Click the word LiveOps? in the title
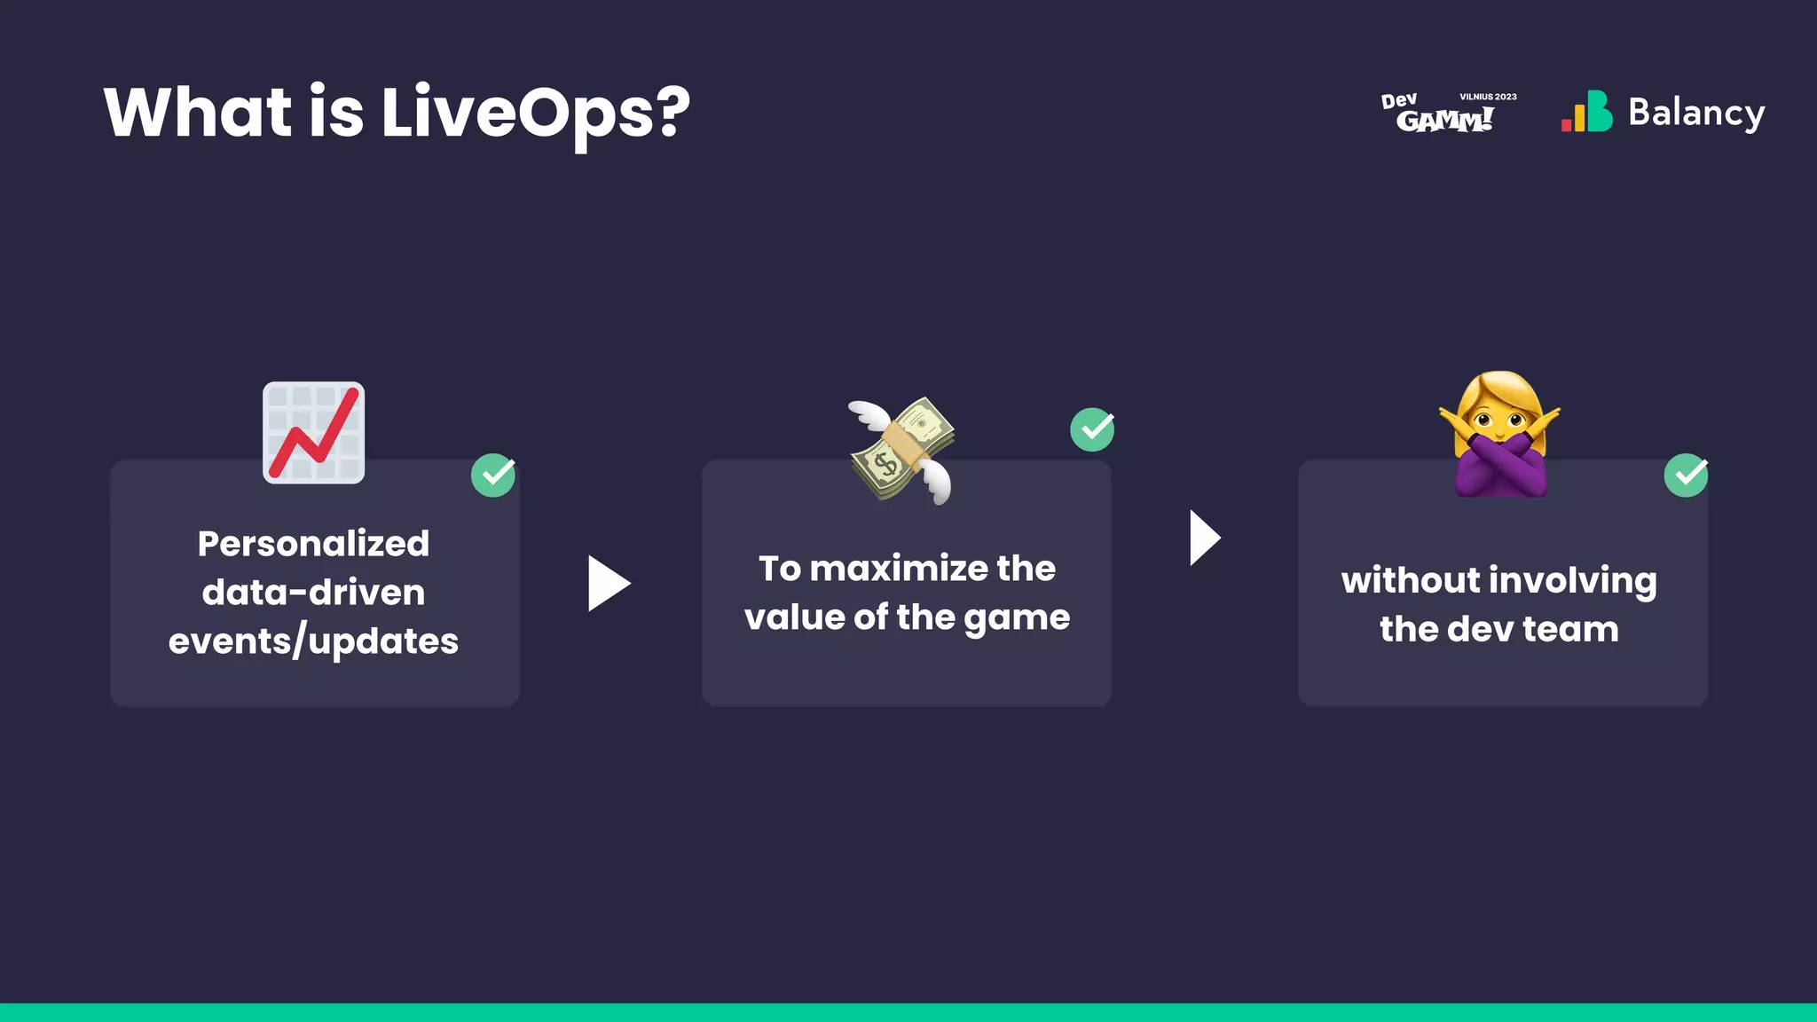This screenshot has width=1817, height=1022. point(535,114)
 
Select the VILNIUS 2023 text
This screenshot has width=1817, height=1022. point(1488,97)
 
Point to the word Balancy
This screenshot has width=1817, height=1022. point(1695,113)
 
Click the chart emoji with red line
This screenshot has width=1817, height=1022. point(314,433)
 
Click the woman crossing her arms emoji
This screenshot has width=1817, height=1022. point(1500,435)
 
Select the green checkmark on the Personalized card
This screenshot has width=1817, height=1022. point(493,476)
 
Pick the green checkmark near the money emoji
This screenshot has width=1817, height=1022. point(1092,430)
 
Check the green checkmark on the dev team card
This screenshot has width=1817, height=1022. point(1686,476)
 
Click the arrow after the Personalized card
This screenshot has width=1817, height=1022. point(609,584)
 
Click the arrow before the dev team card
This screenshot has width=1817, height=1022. point(1205,538)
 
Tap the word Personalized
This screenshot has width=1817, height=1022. point(313,544)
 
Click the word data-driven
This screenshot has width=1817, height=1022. point(313,593)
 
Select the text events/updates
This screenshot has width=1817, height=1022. point(313,641)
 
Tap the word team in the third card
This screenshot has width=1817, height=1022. point(1570,630)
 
